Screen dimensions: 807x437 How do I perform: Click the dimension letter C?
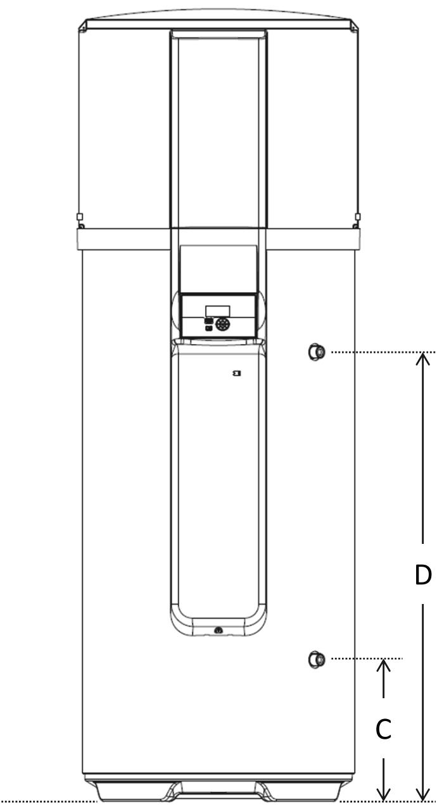pos(383,729)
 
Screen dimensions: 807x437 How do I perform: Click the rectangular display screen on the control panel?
pos(217,310)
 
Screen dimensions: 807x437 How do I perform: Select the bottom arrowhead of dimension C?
pos(384,794)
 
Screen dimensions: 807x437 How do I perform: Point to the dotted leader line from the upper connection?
pos(380,352)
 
